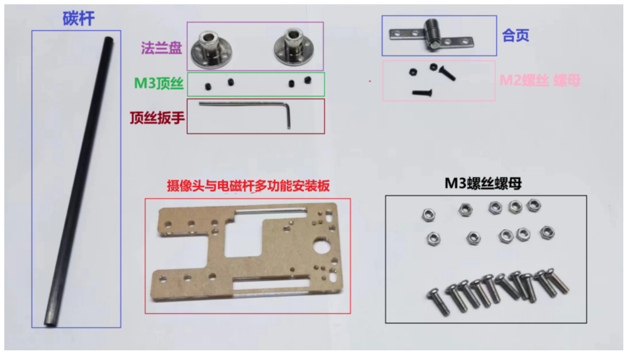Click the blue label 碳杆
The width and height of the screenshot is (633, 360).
coord(79,18)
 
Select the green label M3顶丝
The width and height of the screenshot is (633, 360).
coord(159,83)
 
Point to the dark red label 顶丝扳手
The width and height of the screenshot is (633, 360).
coord(157,118)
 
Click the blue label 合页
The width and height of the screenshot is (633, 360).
coord(516,36)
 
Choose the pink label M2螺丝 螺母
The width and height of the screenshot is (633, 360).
coord(540,80)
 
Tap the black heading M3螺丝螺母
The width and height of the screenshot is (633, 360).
coord(483,183)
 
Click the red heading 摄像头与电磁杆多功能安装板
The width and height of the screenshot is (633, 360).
coord(248,186)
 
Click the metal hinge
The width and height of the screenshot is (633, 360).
coord(432,35)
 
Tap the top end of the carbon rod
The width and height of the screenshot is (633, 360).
coord(109,39)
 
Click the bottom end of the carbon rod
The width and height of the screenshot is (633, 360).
coord(50,323)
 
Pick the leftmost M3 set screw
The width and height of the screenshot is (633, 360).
coord(208,86)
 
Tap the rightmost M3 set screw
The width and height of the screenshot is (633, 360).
coord(308,80)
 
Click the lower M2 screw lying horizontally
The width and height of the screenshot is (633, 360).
coord(422,93)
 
